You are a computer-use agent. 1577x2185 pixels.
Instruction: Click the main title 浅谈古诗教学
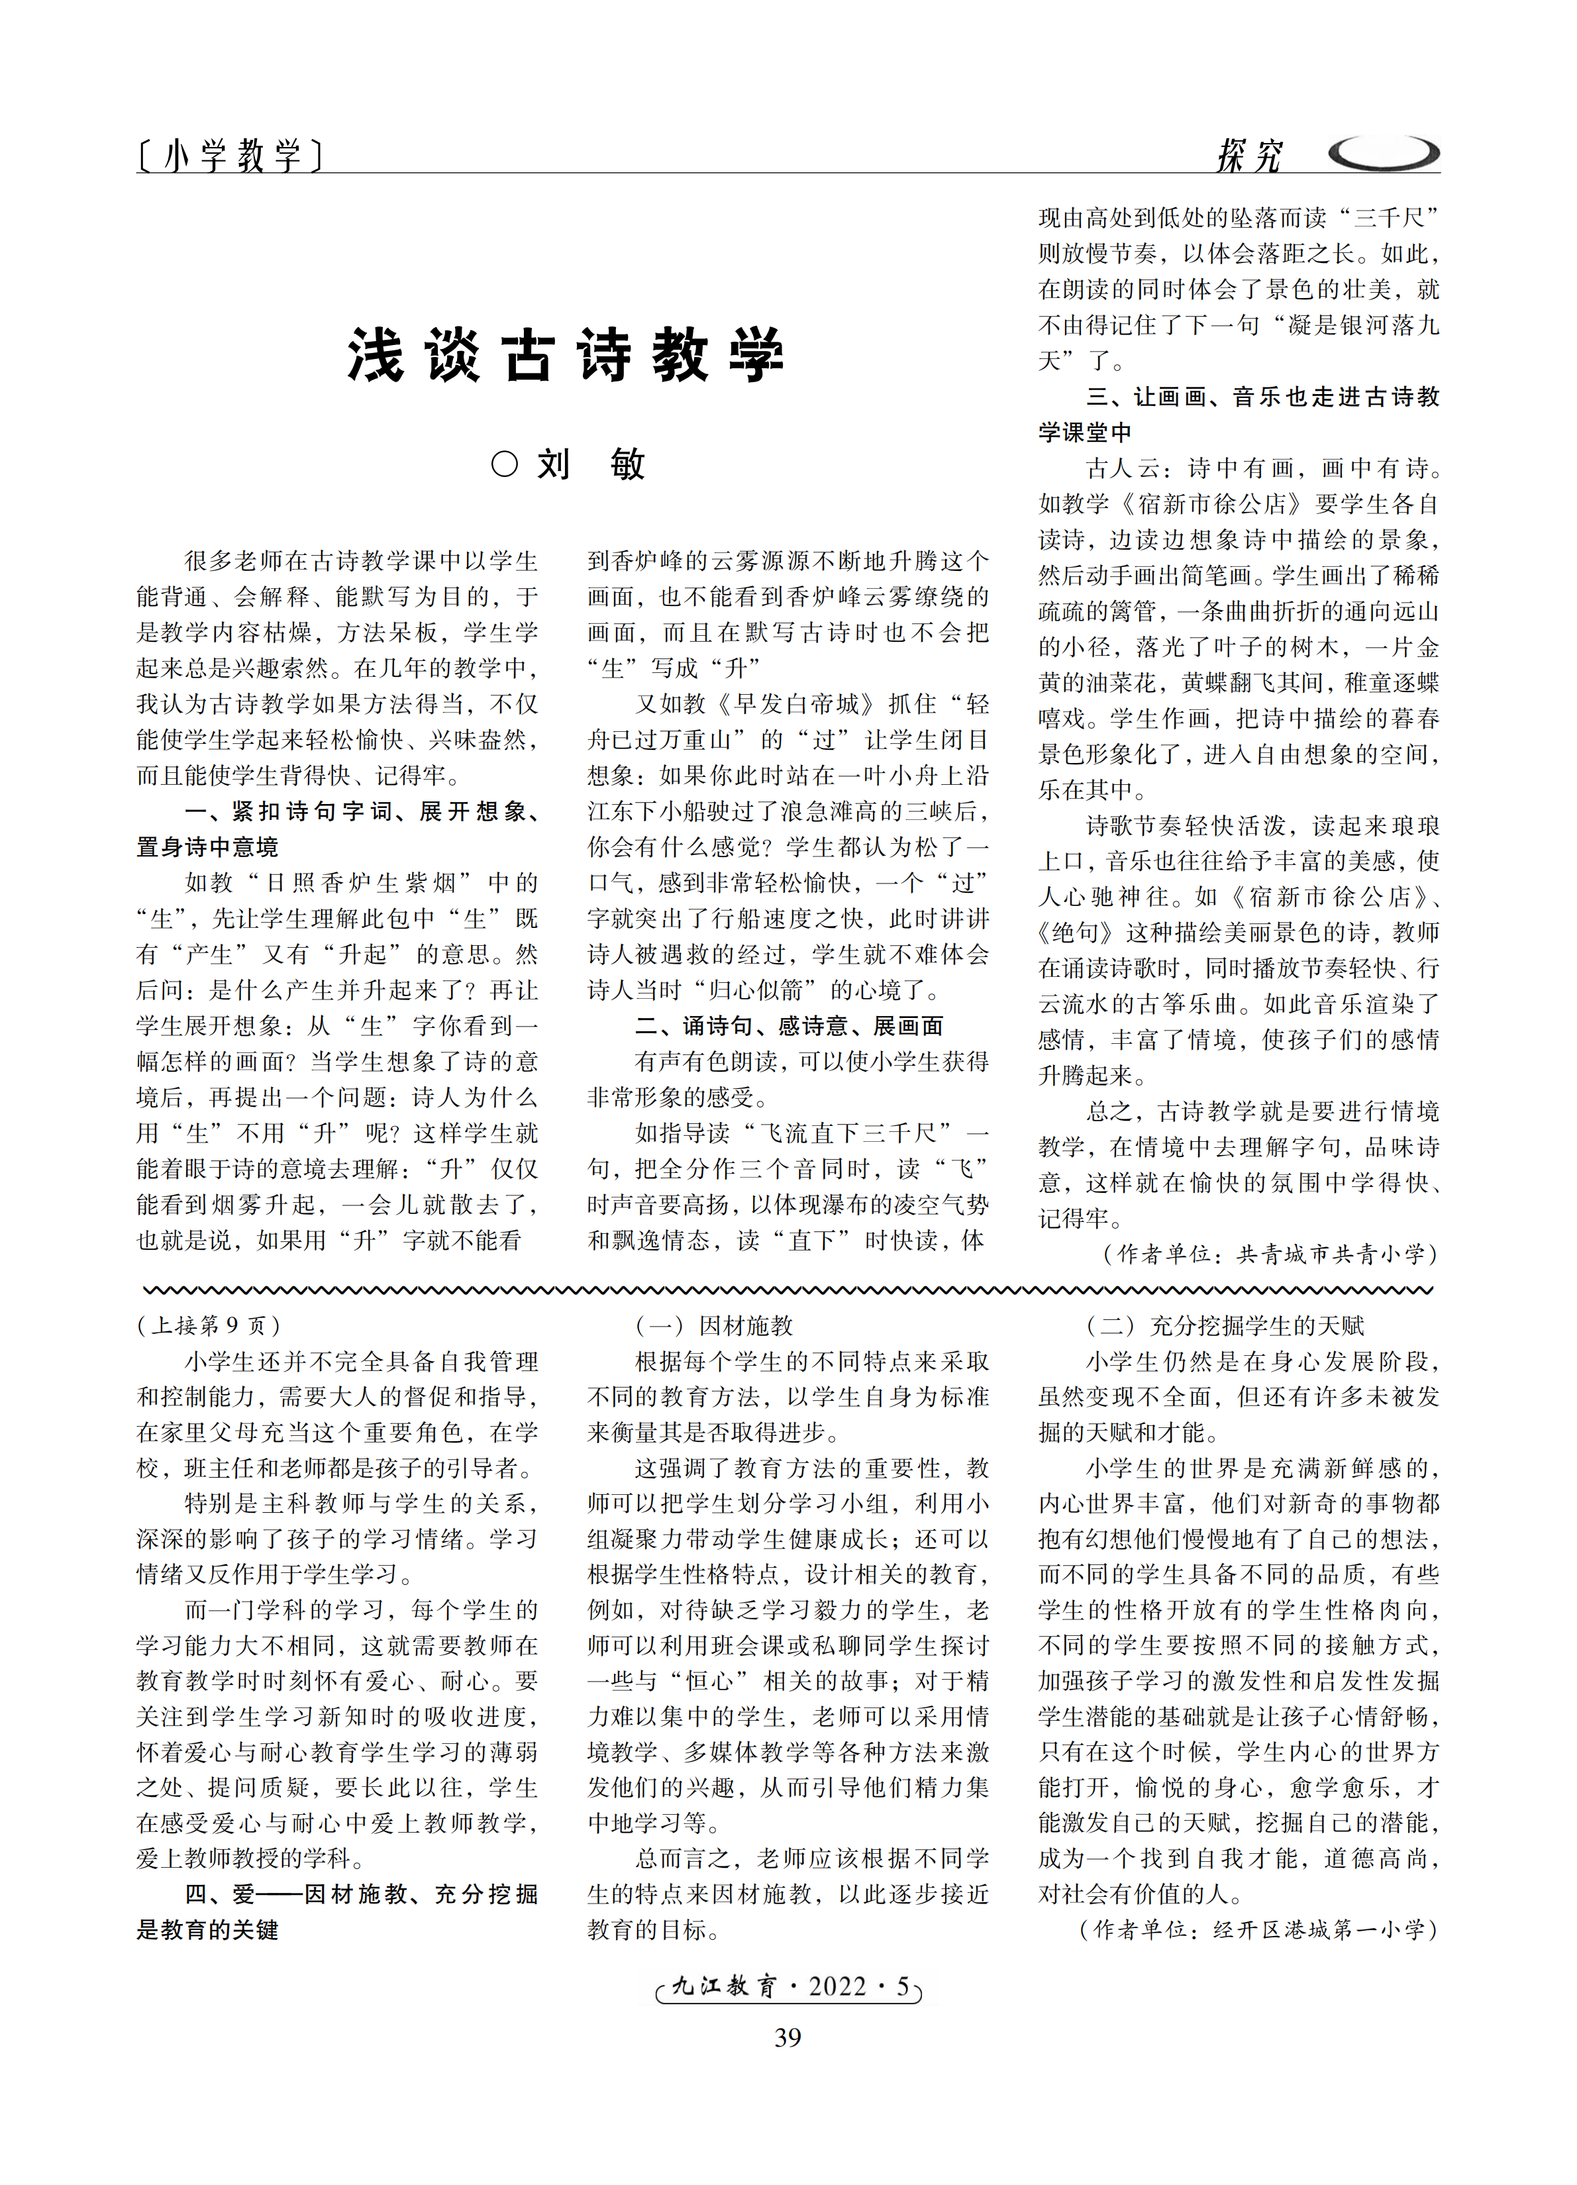[566, 356]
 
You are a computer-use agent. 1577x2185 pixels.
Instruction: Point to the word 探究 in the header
[1249, 154]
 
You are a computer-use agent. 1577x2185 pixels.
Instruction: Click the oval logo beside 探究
[1382, 153]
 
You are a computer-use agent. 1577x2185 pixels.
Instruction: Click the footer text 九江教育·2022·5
[788, 1986]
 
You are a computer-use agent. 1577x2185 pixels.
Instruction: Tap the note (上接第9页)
[209, 1326]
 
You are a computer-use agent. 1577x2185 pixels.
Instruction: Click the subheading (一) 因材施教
[714, 1326]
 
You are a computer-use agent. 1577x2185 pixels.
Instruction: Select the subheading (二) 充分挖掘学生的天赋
[1225, 1326]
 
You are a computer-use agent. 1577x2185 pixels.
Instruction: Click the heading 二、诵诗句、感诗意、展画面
[788, 1026]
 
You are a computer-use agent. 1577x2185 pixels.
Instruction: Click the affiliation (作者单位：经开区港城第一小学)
[1259, 1930]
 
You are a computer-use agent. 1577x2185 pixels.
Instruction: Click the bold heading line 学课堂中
[1085, 432]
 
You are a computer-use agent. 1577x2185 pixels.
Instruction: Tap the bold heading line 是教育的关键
[207, 1930]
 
